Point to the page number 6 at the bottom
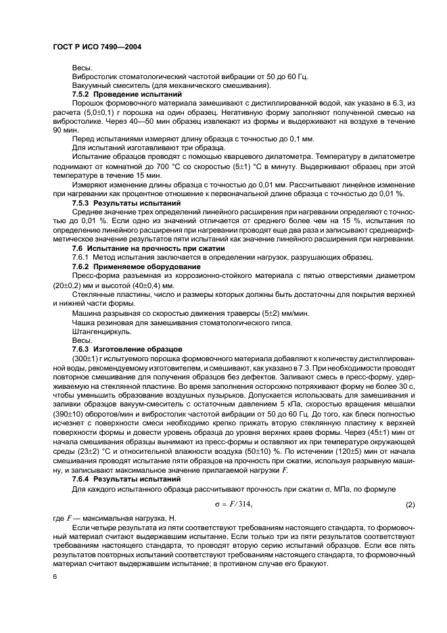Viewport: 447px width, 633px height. coord(55,576)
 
